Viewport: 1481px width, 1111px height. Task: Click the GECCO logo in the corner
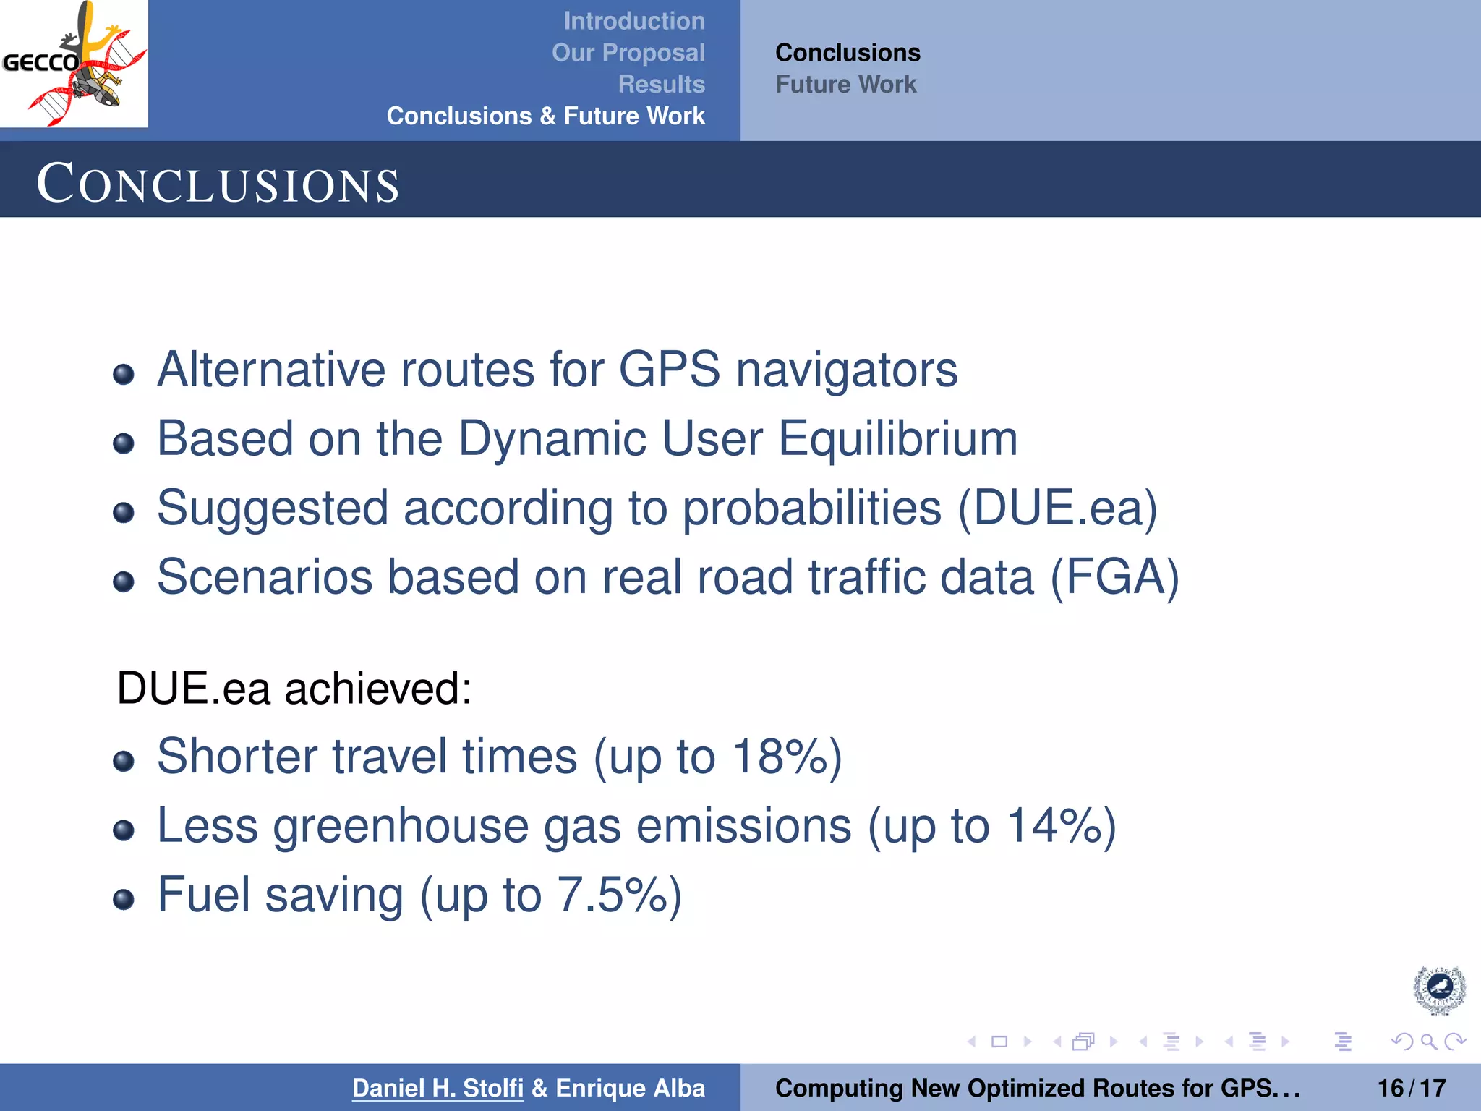[x=74, y=64]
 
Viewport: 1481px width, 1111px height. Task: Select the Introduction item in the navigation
[x=633, y=21]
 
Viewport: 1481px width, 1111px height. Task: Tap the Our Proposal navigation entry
[x=628, y=53]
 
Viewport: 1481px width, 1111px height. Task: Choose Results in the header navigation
[x=661, y=84]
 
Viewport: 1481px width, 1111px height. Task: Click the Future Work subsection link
[x=845, y=85]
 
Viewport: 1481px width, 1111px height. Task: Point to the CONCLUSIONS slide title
[x=218, y=184]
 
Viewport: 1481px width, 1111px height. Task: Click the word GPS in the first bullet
[x=669, y=370]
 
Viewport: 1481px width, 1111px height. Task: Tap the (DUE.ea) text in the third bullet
[x=1057, y=508]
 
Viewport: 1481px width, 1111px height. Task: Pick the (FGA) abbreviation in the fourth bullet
[x=1114, y=577]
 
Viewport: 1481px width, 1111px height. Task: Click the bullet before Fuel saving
[x=124, y=899]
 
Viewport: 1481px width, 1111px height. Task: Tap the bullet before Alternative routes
[x=124, y=374]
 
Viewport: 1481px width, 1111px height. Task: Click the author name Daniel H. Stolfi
[x=438, y=1088]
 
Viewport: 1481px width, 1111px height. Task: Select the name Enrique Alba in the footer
[x=630, y=1088]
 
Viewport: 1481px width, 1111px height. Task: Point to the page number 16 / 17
[x=1411, y=1088]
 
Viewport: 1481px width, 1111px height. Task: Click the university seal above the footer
[x=1439, y=989]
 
